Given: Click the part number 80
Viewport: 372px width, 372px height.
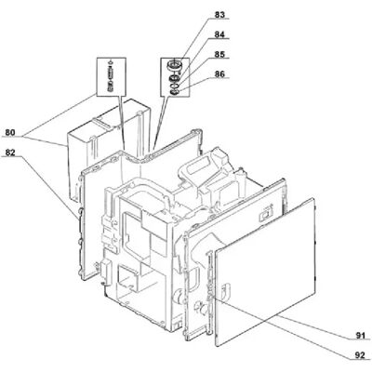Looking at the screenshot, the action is pyautogui.click(x=9, y=133).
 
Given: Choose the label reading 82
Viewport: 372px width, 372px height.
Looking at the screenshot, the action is pyautogui.click(x=9, y=153).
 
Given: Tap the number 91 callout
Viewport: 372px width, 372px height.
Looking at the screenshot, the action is pyautogui.click(x=360, y=336).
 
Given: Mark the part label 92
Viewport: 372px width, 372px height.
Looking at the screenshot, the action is pyautogui.click(x=360, y=355).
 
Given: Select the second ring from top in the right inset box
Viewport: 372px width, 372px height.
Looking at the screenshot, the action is pyautogui.click(x=175, y=78).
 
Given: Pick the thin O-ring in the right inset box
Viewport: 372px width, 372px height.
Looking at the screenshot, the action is pyautogui.click(x=175, y=86).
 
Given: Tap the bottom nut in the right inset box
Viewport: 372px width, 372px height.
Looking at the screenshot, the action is pyautogui.click(x=174, y=92).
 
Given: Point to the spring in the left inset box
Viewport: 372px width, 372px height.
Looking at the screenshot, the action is pyautogui.click(x=109, y=76).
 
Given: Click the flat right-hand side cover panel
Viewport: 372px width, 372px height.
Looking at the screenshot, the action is pyautogui.click(x=265, y=272).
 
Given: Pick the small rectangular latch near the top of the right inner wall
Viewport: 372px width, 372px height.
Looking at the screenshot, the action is pyautogui.click(x=265, y=215).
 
